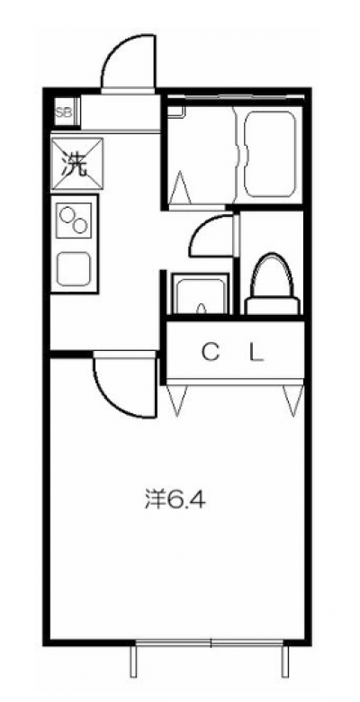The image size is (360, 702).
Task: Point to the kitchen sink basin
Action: [74, 268]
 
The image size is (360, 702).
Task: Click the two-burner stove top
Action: [74, 220]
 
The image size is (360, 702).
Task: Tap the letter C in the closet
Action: [210, 353]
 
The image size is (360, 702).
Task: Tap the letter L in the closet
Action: [256, 353]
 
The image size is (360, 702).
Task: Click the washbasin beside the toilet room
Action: [200, 294]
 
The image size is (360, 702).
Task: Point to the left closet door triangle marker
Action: [176, 399]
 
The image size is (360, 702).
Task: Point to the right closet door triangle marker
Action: [293, 400]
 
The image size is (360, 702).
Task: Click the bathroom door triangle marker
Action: [181, 188]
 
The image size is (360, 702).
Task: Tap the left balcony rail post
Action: [133, 661]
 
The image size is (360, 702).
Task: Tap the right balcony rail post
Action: [284, 661]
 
